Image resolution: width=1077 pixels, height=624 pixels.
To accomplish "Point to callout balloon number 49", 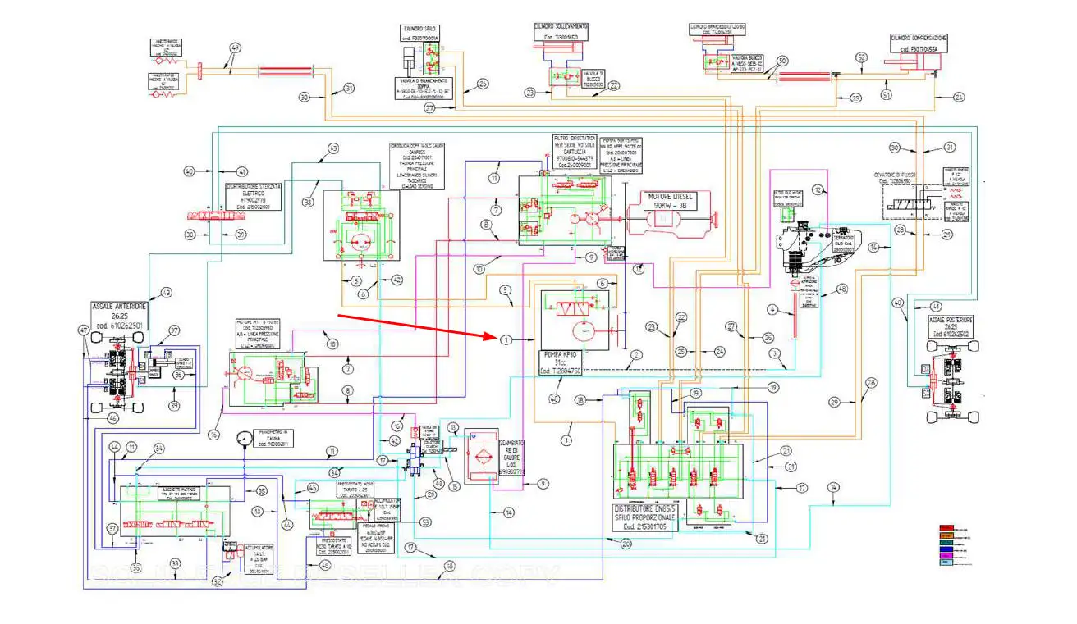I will pos(236,48).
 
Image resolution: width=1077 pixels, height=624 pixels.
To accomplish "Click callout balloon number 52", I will pos(861,58).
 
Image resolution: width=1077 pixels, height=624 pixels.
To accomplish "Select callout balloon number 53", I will pos(425,522).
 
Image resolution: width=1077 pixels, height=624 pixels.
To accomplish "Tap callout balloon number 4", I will pos(772,309).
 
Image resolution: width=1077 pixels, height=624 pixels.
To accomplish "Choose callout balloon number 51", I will pos(886,95).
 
